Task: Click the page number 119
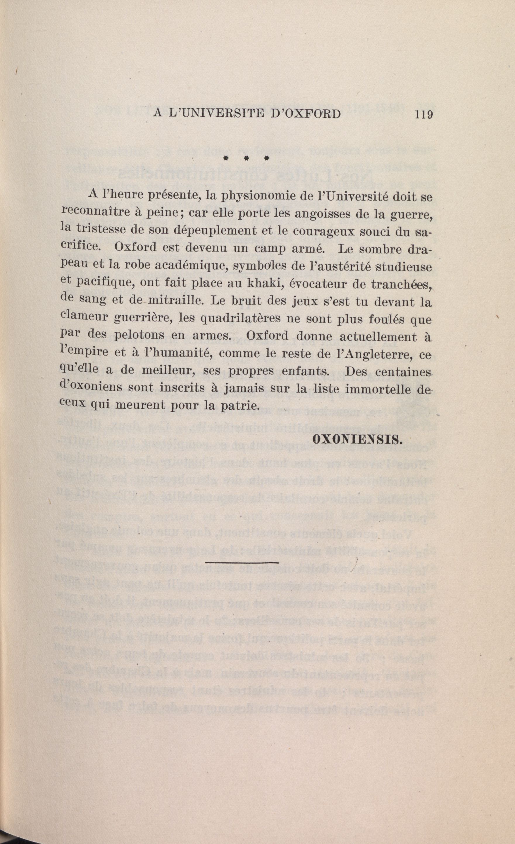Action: [x=423, y=114]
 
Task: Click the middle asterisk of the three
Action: [x=246, y=159]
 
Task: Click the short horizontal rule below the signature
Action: [x=242, y=562]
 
